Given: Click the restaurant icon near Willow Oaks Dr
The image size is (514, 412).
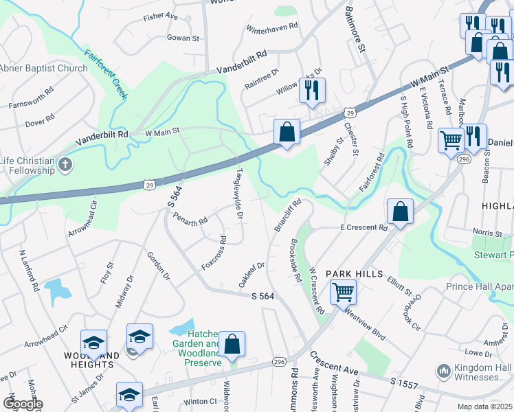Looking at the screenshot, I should point(313,90).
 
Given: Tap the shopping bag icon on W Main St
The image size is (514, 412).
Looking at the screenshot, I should point(287,130).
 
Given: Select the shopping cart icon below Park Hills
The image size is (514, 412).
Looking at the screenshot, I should point(342,292).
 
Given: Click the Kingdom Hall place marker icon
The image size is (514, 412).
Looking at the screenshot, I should point(443,371).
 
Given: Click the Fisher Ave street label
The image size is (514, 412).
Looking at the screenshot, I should point(161,15).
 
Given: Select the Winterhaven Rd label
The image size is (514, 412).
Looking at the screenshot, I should point(271,27).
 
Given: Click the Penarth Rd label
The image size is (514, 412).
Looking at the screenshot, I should point(191,221).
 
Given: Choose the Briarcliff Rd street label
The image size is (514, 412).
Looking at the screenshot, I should point(289,214).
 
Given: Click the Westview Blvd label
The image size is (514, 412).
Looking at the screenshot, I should point(364,321).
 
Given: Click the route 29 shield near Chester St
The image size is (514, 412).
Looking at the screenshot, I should point(350,113).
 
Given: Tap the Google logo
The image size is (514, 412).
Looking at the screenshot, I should point(23,404).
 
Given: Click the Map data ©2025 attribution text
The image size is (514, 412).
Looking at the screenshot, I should point(484,407).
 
